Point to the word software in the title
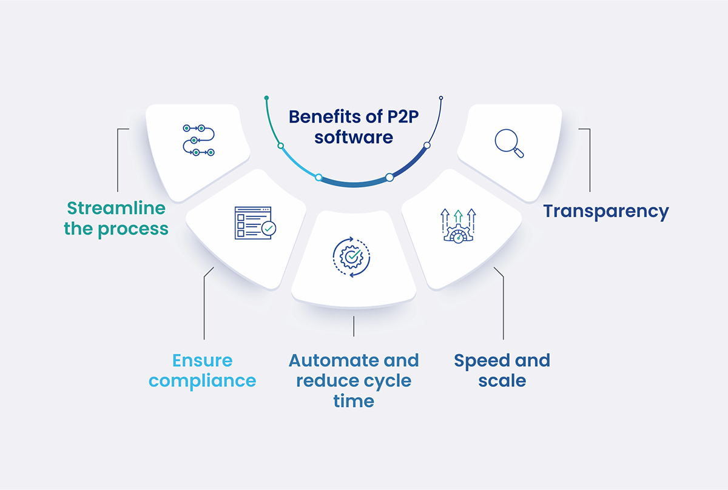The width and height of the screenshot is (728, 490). click(x=353, y=137)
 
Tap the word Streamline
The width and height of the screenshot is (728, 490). click(x=116, y=208)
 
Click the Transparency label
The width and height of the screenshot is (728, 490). click(x=605, y=211)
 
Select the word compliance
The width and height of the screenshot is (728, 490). click(x=203, y=381)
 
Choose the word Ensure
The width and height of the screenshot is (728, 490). click(x=203, y=360)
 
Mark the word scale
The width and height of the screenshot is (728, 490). click(x=502, y=381)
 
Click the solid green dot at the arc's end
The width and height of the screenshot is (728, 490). click(x=266, y=97)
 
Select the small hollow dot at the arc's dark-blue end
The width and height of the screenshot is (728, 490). click(x=441, y=98)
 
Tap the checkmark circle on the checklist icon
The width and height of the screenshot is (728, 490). click(x=268, y=229)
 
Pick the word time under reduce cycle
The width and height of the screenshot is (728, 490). click(x=354, y=401)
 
